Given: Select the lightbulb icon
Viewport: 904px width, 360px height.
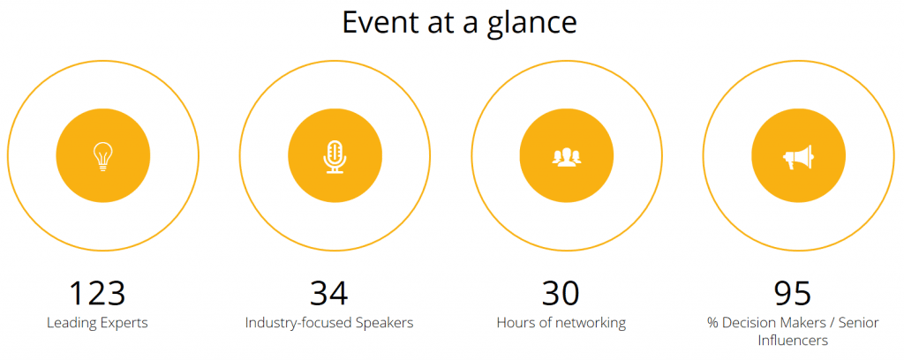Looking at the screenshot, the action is point(103,156).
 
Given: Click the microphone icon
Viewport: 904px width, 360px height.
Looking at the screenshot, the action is point(335,156).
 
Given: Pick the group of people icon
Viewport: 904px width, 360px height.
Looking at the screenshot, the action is point(567,157).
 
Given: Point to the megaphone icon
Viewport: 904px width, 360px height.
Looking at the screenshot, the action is point(798,156).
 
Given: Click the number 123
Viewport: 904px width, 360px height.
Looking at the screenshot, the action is point(97,293).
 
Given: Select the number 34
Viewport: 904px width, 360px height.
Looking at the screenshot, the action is point(329,293).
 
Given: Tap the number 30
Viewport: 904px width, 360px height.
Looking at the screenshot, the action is point(561,293).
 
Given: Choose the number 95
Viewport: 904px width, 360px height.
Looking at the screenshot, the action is point(793,293).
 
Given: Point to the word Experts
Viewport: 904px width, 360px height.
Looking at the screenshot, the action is point(123,323).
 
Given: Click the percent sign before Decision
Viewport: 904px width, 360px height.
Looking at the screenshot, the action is point(712,323).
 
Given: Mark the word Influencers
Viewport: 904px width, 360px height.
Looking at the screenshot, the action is point(793,341).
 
